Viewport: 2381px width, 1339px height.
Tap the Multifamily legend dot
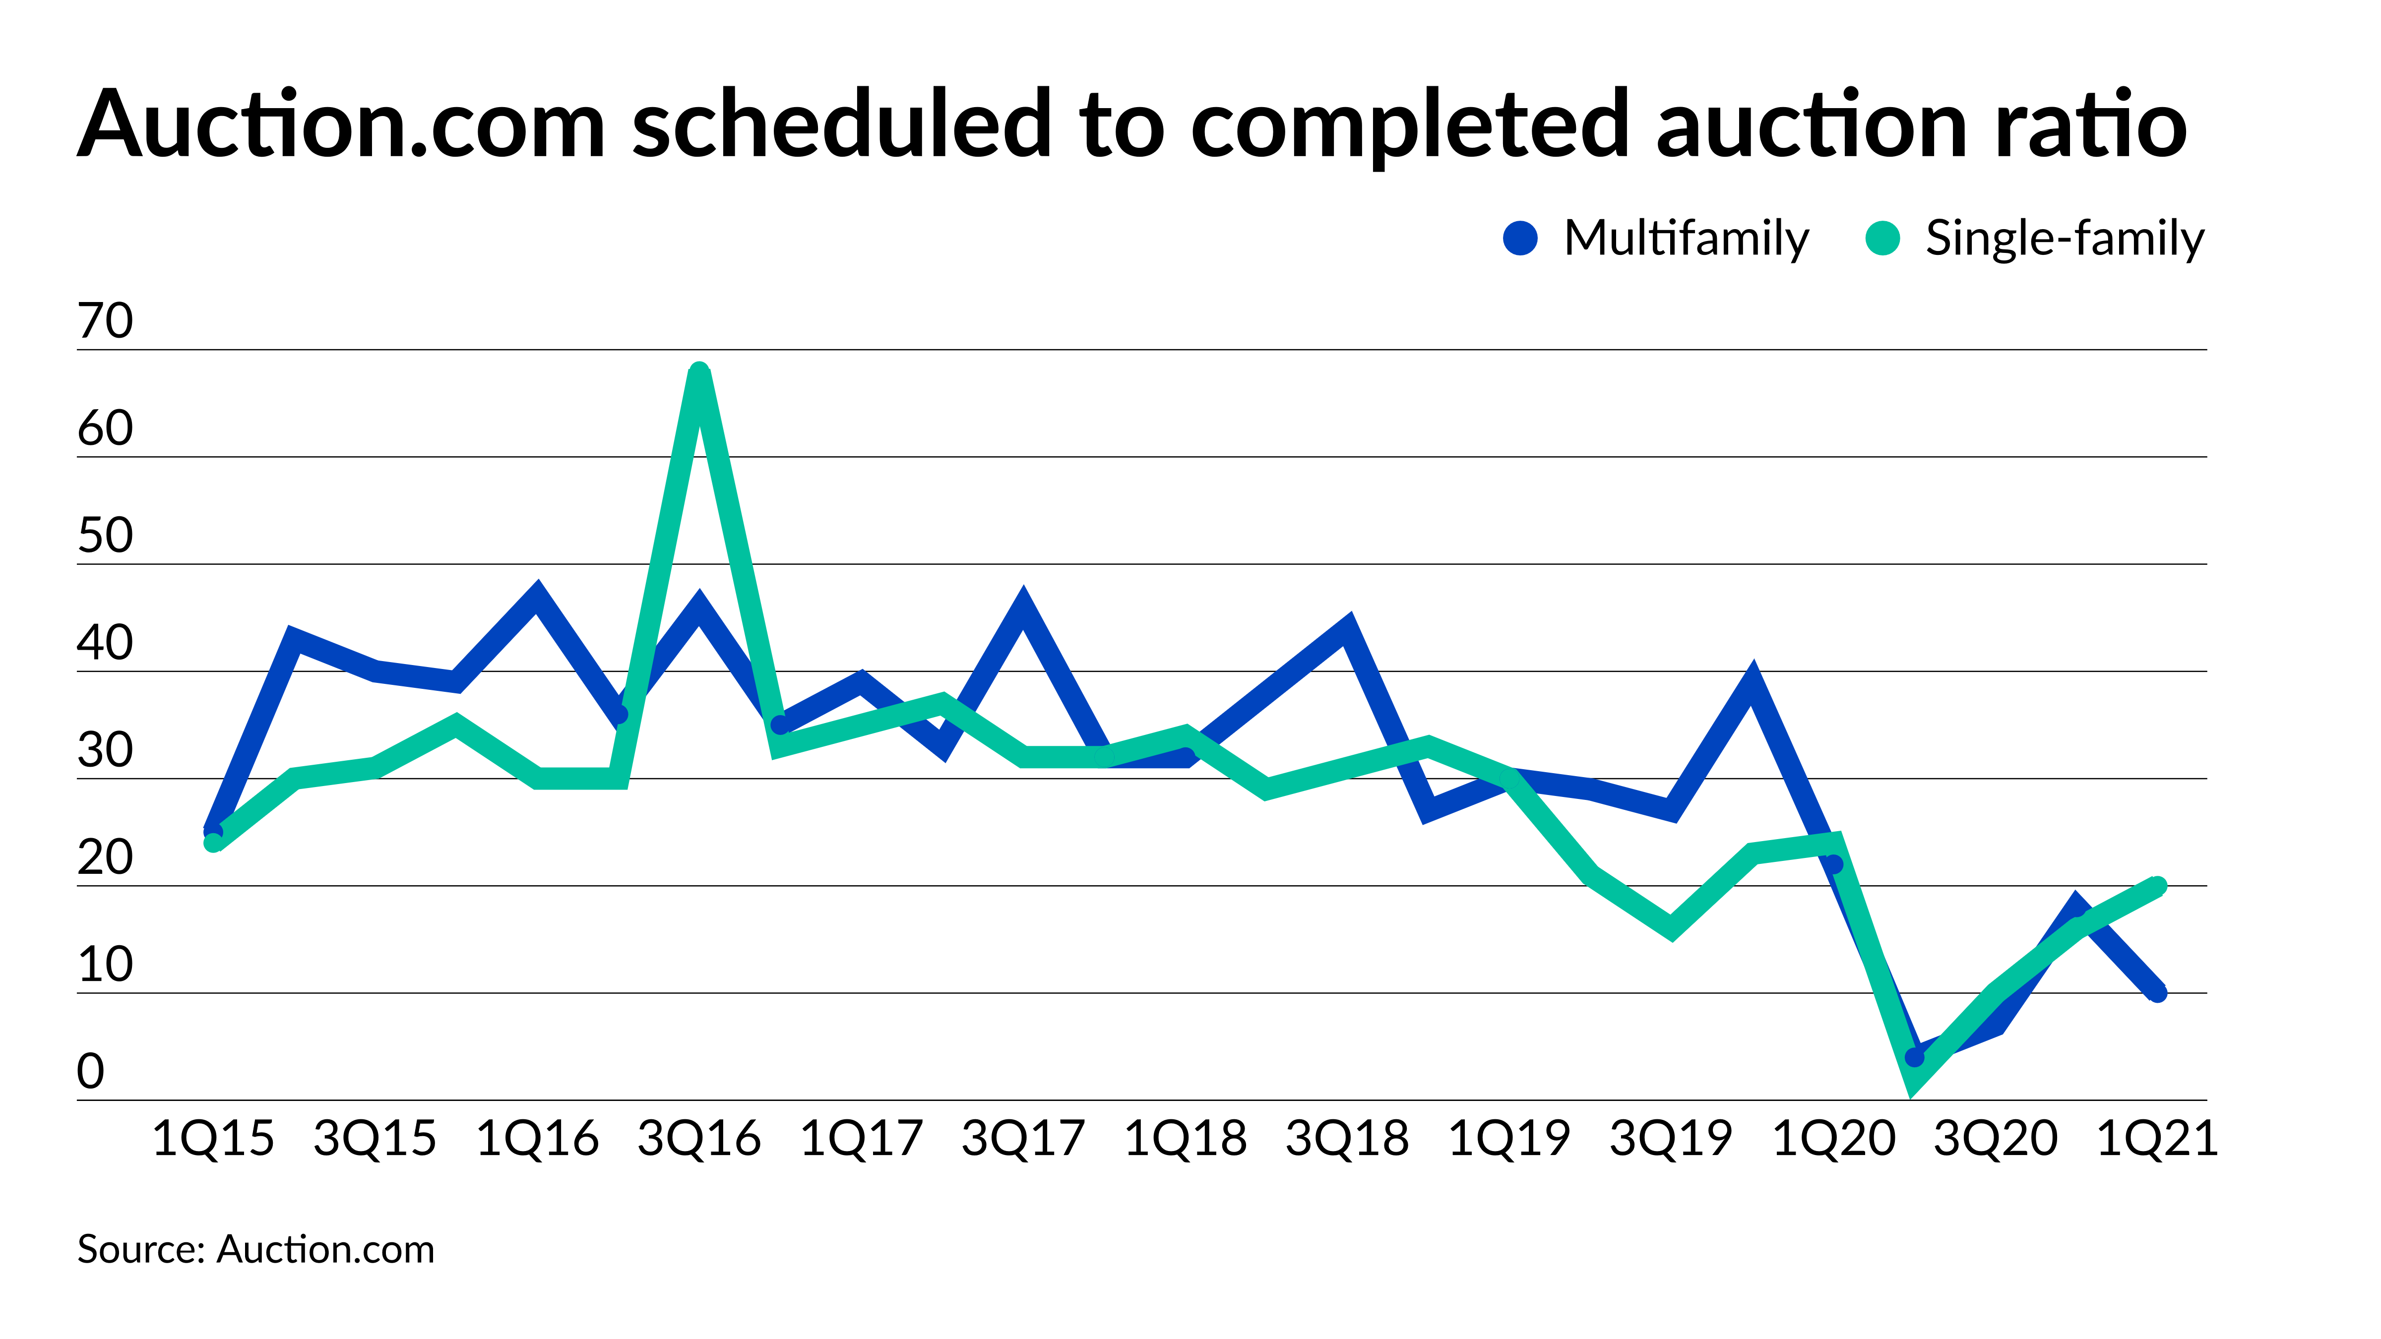[1520, 239]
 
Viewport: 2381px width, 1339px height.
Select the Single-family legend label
[2064, 239]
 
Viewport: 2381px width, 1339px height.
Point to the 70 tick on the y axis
[105, 321]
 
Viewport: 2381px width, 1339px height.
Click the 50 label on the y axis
[105, 536]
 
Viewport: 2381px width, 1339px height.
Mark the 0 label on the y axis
[91, 1072]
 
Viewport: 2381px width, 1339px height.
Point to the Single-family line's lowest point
[1914, 1083]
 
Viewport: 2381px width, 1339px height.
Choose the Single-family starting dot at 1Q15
[213, 842]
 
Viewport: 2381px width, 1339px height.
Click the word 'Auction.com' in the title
[341, 125]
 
